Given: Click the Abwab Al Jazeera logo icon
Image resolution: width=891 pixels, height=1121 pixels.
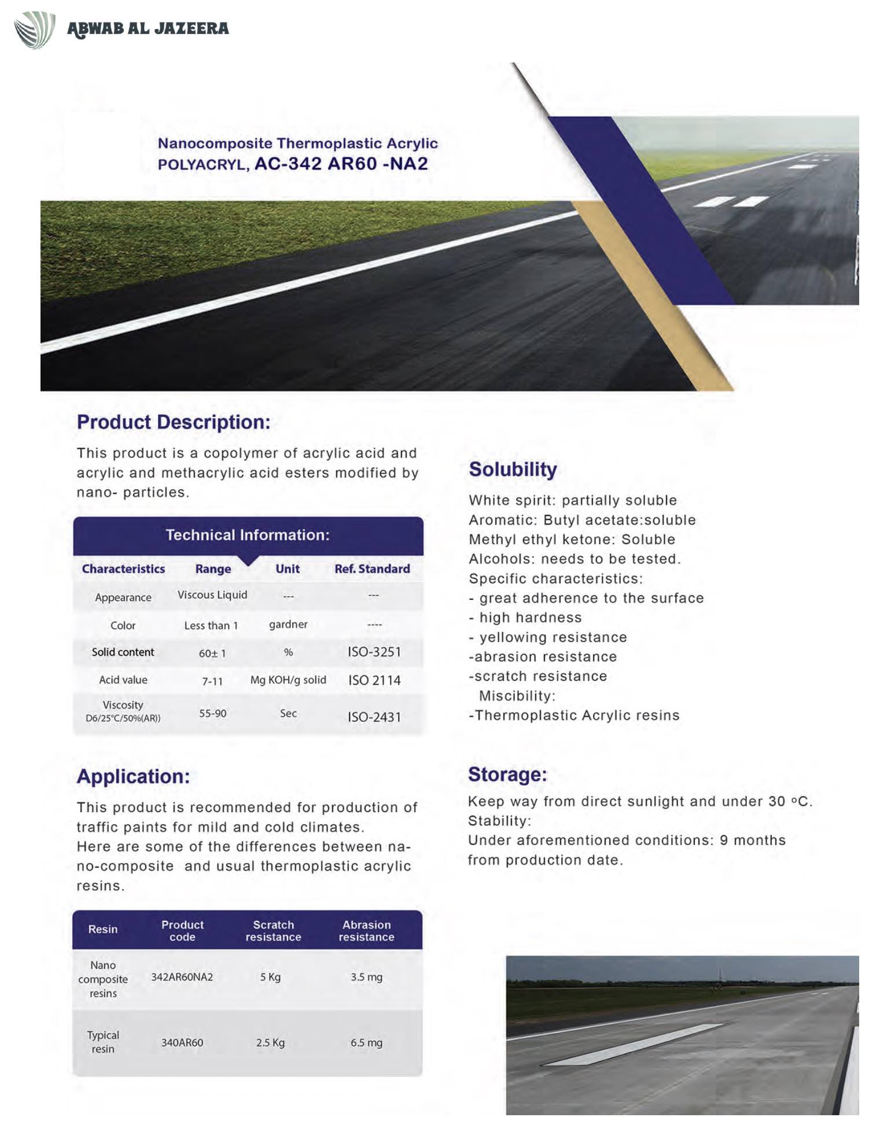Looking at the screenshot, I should (35, 30).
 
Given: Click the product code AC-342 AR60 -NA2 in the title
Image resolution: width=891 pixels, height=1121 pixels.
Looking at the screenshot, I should (341, 164).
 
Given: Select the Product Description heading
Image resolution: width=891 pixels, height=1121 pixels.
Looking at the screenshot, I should (174, 422).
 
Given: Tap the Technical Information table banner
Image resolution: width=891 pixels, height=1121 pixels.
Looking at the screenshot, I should (248, 535).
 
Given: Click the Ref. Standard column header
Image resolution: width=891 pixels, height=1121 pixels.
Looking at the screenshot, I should (372, 569).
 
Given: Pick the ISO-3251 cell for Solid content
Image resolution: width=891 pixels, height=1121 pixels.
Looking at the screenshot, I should (374, 652).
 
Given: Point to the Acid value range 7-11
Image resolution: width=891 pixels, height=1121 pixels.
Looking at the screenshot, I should (212, 681).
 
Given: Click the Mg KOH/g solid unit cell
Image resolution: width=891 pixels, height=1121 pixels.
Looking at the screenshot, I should (288, 680).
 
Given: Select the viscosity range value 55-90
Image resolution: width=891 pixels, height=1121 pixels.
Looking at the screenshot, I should (212, 714).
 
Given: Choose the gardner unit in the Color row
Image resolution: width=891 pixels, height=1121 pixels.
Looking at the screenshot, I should (288, 625).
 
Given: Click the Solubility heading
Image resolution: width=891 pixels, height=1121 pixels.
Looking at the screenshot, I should (513, 470).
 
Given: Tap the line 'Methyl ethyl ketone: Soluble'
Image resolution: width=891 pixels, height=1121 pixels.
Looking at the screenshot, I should (572, 540).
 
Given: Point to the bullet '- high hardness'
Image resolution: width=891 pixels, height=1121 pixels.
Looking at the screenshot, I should (525, 618).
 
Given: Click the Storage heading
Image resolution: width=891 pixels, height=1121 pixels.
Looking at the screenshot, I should (507, 775).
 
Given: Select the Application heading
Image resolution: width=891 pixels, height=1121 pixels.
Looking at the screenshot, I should (133, 776).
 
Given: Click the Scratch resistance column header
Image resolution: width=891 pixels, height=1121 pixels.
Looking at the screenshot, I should (273, 931).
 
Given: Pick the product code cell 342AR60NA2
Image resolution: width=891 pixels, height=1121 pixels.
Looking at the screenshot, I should (182, 977).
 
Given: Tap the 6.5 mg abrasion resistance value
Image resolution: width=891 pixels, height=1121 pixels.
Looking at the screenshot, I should (366, 1043).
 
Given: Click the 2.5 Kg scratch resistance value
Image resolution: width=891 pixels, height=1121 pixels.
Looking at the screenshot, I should (270, 1043).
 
